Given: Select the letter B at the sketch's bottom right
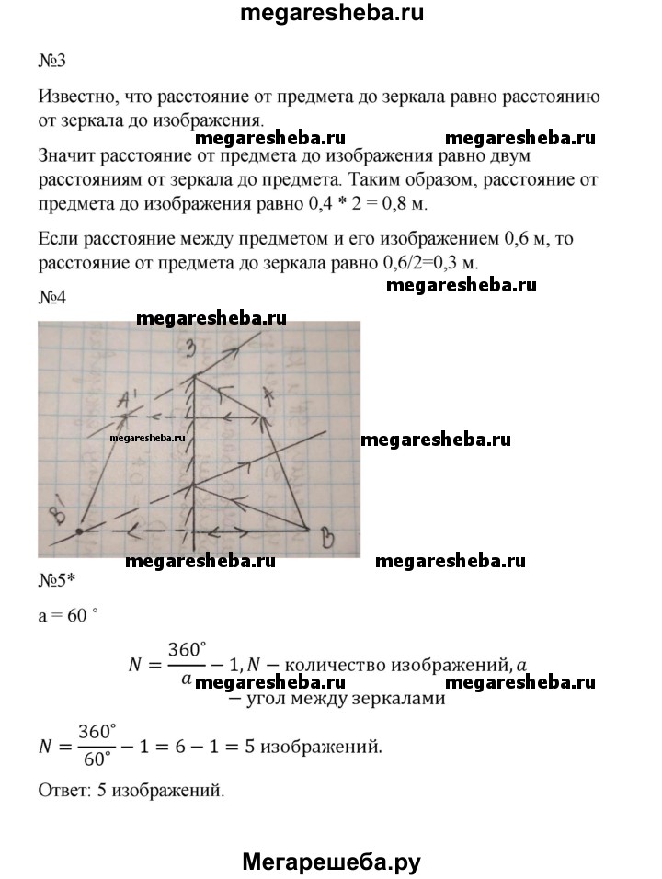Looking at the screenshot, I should (325, 539).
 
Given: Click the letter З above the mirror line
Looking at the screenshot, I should (190, 348).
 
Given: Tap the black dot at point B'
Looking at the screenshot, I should (80, 531).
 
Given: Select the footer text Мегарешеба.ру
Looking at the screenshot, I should (331, 862).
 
